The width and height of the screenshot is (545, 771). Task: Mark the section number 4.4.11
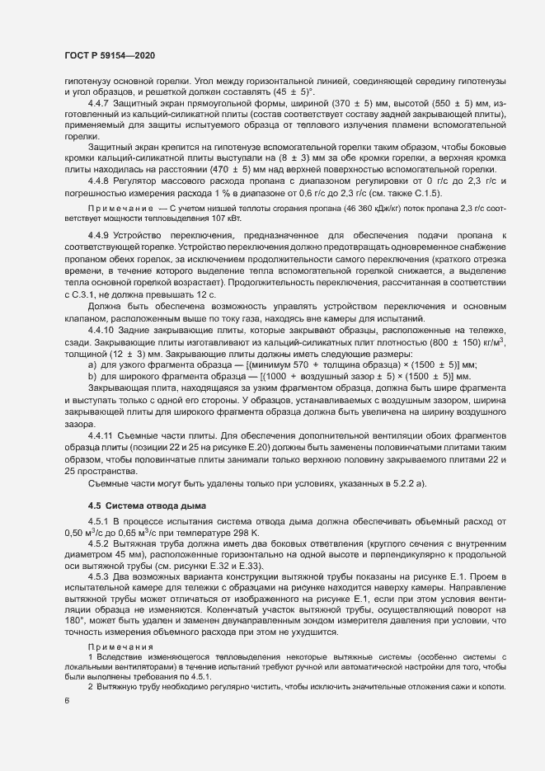[103, 435]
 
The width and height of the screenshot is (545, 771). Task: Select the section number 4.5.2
[101, 543]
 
